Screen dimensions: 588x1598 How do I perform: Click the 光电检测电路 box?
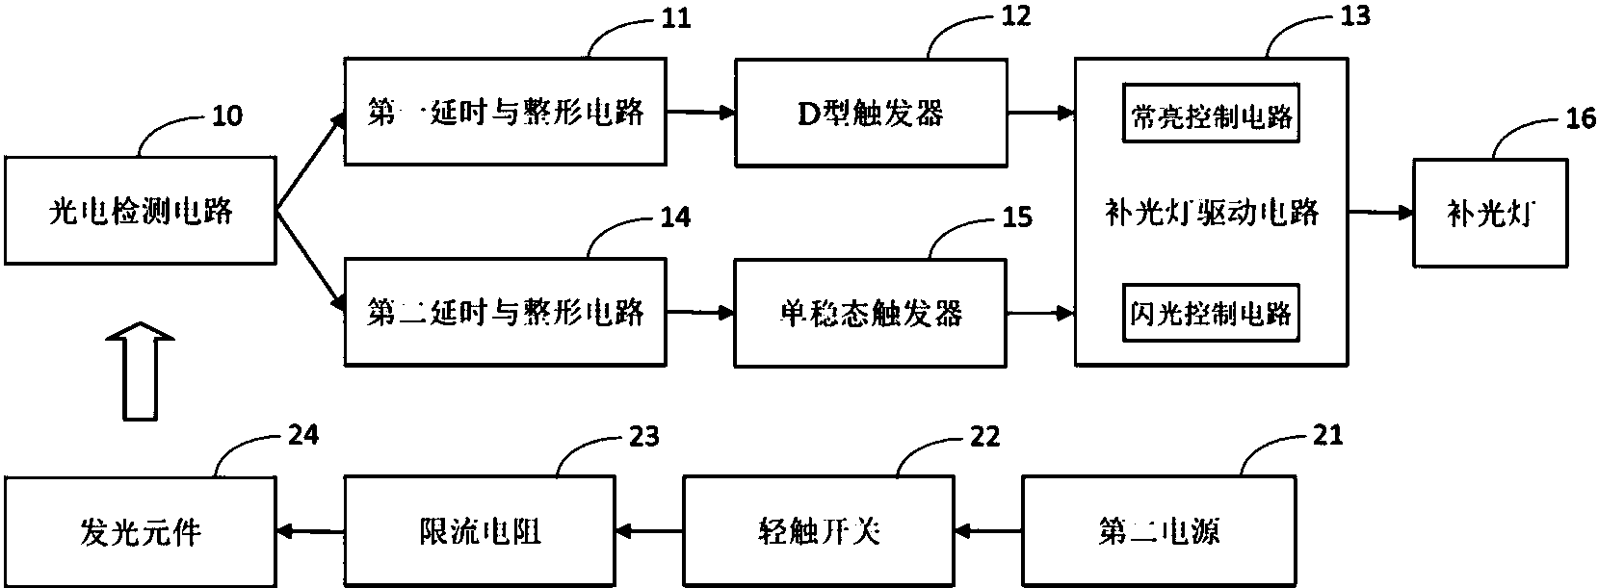tap(141, 211)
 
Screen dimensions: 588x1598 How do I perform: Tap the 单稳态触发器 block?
tap(870, 312)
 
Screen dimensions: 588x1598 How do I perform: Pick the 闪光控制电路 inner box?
tap(1211, 313)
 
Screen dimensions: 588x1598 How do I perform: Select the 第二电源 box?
tap(1158, 529)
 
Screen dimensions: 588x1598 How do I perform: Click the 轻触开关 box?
tap(818, 529)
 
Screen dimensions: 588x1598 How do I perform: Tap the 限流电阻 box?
tap(478, 529)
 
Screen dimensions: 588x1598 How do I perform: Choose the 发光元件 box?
tap(141, 530)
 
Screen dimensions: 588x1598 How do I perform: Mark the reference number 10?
tap(226, 117)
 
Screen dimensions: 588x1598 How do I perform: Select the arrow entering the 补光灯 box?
tap(1380, 212)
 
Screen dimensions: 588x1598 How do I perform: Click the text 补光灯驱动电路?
tap(1211, 213)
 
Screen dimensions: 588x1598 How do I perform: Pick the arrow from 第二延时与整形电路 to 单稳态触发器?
tap(699, 312)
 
